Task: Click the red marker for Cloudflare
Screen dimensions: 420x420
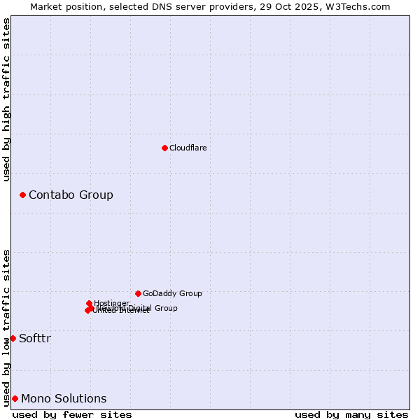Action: point(164,148)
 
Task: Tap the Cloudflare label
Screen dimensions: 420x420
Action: point(188,148)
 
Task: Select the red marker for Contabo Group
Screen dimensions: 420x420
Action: point(22,195)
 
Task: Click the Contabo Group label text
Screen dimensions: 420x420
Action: point(71,195)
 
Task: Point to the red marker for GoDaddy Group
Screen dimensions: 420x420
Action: point(138,293)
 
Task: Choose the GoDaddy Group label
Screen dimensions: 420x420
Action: point(172,293)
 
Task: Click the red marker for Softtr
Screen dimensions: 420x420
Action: point(13,338)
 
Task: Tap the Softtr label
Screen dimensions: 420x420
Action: point(35,338)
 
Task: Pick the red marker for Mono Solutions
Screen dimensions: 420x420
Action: point(15,398)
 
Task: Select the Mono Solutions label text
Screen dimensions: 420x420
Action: point(64,398)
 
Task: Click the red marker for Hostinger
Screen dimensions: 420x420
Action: point(90,303)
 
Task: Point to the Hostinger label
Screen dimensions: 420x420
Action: point(111,303)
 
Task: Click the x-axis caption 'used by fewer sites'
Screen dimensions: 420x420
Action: point(72,414)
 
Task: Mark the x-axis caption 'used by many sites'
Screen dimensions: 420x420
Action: point(351,414)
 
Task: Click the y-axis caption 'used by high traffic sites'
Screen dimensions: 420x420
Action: point(6,99)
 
